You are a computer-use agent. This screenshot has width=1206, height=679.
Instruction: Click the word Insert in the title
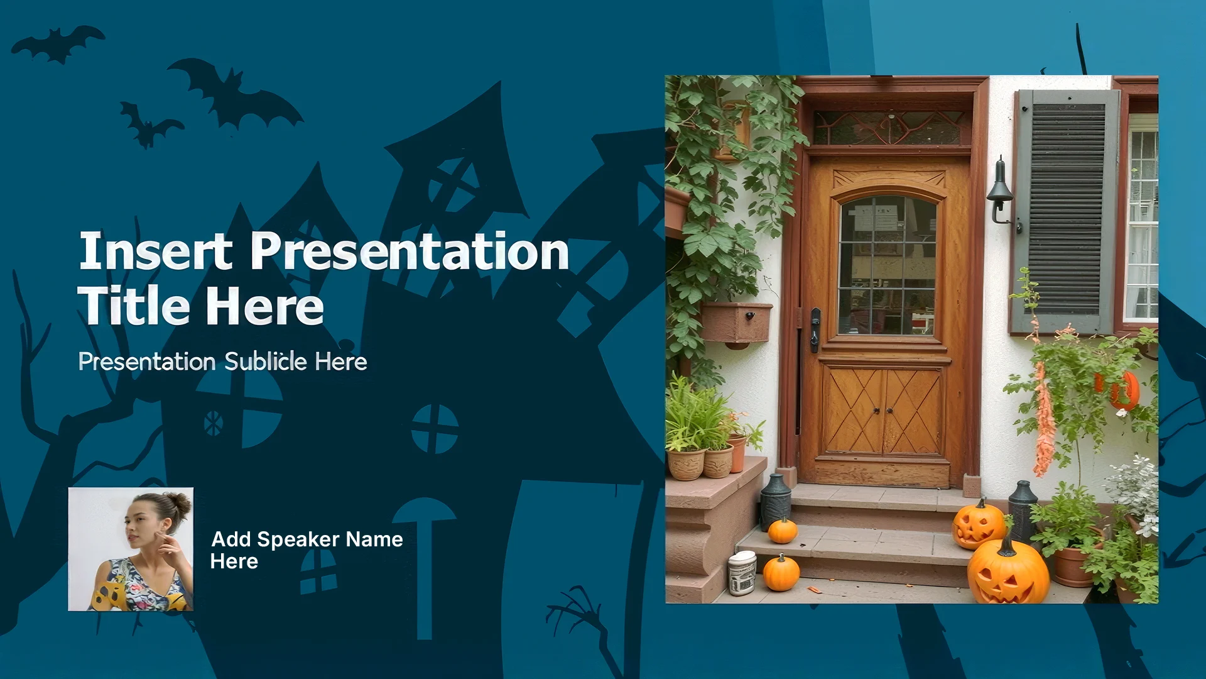point(155,251)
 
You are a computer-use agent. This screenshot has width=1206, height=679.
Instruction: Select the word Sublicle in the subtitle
point(266,362)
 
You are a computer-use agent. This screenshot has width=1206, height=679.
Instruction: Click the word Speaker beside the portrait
point(298,539)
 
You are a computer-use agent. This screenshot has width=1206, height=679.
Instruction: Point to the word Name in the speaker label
point(374,539)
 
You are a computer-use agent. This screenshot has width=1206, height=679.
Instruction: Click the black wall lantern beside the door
point(1001,191)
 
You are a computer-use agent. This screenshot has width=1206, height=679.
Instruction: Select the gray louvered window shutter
point(1066,211)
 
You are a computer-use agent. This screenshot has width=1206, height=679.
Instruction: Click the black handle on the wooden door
point(815,329)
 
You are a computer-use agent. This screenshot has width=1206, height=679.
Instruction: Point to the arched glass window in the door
point(887,265)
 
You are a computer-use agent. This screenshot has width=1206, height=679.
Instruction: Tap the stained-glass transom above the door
point(890,128)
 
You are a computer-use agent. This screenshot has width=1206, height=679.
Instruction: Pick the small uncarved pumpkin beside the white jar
point(781,572)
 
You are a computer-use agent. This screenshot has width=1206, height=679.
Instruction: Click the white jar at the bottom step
point(742,573)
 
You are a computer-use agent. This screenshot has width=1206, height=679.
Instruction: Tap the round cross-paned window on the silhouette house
point(435,429)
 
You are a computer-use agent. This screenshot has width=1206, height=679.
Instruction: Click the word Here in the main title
point(264,306)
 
